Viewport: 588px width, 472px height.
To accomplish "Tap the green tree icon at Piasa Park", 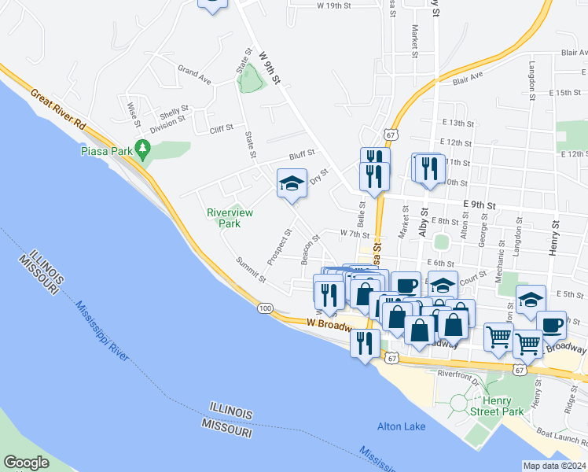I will coord(142,147).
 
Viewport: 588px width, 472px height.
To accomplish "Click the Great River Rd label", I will coord(58,109).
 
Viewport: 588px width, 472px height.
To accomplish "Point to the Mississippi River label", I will coord(102,330).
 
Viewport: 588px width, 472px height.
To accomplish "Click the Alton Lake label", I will coord(401,426).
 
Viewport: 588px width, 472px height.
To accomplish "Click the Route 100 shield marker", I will coord(265,308).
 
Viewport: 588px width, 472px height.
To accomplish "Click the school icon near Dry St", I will coord(291,184).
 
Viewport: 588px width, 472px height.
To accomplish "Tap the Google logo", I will coord(26,463).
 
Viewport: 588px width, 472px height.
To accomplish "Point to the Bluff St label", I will coord(301,154).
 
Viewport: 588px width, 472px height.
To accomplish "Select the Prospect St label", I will coord(278,246).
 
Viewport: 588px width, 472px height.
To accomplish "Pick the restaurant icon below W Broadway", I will coord(365,344).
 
